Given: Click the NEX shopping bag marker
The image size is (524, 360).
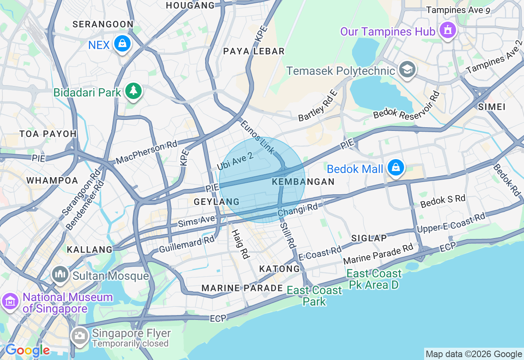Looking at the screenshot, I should click(x=122, y=43).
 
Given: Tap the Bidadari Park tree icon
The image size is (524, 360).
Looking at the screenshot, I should click(x=133, y=91).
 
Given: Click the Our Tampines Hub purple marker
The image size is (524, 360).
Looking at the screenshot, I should click(x=447, y=30).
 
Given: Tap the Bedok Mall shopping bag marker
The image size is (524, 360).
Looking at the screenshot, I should click(x=395, y=168).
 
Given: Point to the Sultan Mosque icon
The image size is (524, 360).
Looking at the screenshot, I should click(x=61, y=274).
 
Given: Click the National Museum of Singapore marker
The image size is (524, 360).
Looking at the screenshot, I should click(x=10, y=301).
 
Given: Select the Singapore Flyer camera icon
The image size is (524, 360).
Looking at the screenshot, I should click(x=79, y=336).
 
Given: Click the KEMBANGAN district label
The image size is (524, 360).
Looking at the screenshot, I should click(x=303, y=182).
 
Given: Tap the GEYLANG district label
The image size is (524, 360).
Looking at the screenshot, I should click(x=217, y=202).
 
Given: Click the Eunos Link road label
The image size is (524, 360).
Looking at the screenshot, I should click(x=257, y=137).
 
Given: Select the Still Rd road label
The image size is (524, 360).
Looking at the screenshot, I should click(x=288, y=236).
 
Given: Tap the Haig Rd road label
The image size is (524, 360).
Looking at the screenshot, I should click(x=240, y=244).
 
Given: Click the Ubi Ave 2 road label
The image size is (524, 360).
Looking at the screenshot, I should click(x=235, y=160).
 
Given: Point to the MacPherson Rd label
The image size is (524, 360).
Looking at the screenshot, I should click(x=147, y=152).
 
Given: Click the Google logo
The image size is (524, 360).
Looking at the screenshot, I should click(x=27, y=351).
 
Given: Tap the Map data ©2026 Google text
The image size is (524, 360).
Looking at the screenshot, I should click(x=474, y=354).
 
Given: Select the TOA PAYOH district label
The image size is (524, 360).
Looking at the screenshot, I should click(x=48, y=134).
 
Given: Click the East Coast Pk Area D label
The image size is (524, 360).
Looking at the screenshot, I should click(x=374, y=279).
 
